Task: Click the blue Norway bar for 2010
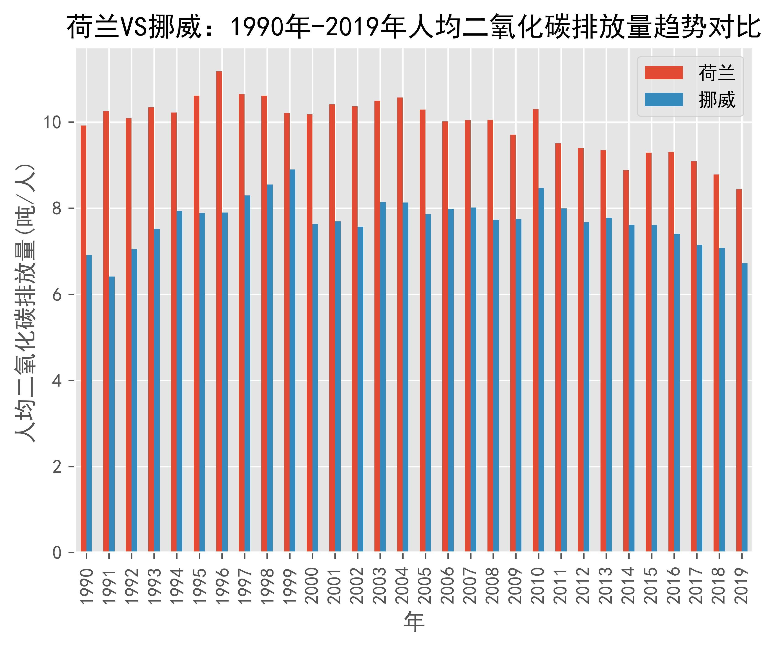pyautogui.click(x=541, y=369)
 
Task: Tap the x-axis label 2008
pyautogui.click(x=493, y=585)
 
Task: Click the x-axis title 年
pyautogui.click(x=414, y=622)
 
